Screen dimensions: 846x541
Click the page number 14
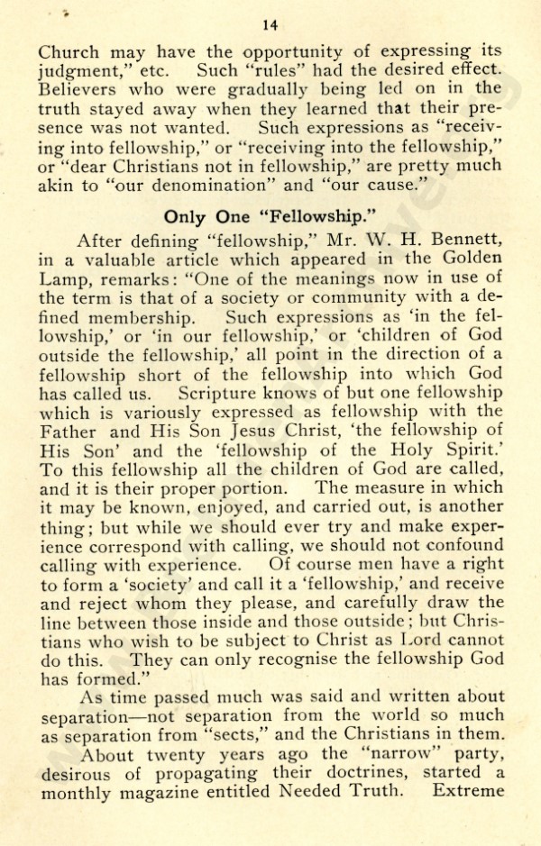coord(270,24)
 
